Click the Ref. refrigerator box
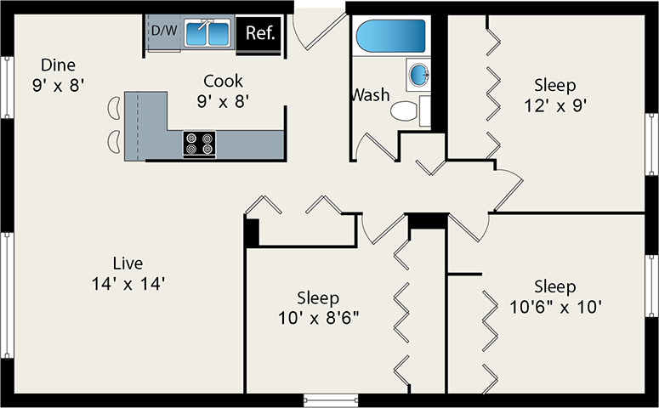(258, 34)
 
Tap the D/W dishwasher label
(163, 31)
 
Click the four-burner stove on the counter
(199, 144)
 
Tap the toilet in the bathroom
(406, 110)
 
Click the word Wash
(370, 94)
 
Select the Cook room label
(223, 82)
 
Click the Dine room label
(58, 65)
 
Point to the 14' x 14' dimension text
(128, 284)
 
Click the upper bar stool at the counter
(114, 107)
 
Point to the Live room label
(128, 263)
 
